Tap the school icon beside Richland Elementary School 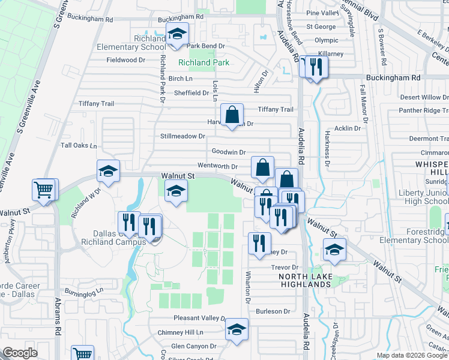177,35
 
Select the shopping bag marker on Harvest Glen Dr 232,115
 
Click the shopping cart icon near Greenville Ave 44,191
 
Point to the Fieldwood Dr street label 126,60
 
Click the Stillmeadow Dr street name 183,136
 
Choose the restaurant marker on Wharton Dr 258,244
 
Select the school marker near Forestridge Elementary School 334,250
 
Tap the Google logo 20,352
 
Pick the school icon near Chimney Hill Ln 237,329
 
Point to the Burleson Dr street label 273,311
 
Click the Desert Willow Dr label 424,97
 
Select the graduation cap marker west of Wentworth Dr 109,171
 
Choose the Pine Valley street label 322,13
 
